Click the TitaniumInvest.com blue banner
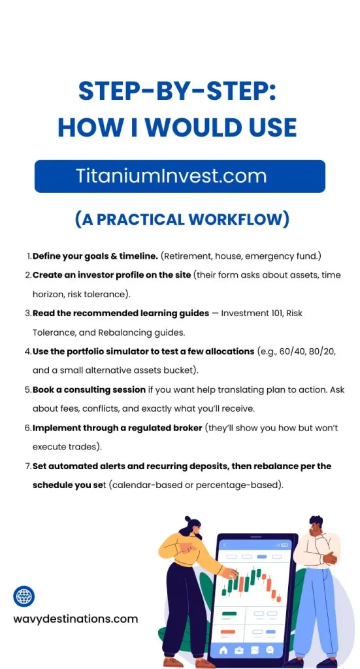(x=180, y=176)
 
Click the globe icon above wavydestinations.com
(x=24, y=596)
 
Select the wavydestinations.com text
(x=76, y=619)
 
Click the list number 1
(x=28, y=256)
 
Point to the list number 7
(x=28, y=466)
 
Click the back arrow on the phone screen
(x=225, y=544)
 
